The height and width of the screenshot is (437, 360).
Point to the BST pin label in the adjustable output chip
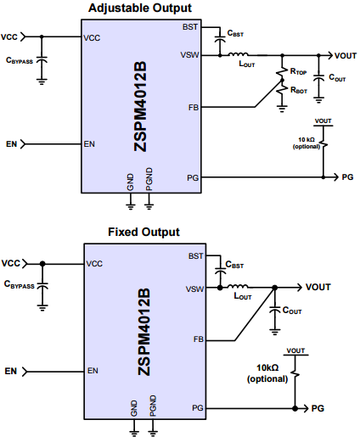click(x=191, y=27)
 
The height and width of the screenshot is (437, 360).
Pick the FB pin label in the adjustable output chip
click(x=194, y=108)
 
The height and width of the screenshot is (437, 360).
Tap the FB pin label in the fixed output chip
click(x=198, y=339)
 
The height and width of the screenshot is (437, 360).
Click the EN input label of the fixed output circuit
click(x=11, y=371)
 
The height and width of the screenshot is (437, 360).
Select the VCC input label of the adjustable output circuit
click(x=11, y=37)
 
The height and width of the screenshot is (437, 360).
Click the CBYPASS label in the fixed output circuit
click(x=20, y=286)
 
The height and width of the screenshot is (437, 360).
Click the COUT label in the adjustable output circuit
click(x=336, y=77)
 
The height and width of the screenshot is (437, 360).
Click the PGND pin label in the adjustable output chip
click(x=149, y=183)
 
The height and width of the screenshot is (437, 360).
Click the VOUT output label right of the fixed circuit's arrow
click(x=318, y=287)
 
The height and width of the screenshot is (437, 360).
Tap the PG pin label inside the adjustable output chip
click(x=193, y=177)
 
